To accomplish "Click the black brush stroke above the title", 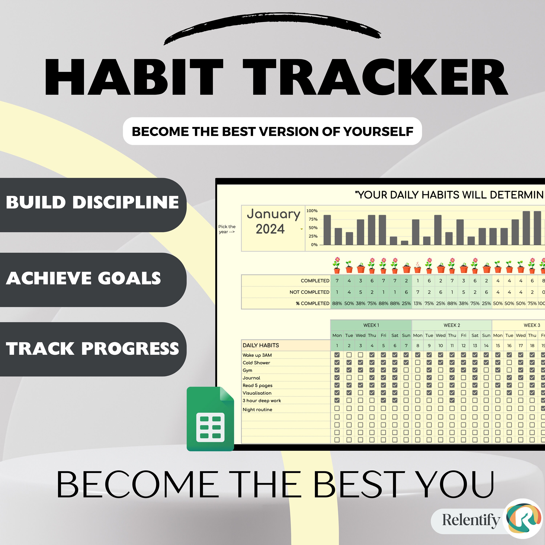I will [272, 27].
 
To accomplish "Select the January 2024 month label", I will [273, 221].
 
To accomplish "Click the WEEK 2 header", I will [452, 325].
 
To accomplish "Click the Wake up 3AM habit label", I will [257, 355].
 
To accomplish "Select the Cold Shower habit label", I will [256, 363].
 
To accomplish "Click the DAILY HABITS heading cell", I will [261, 345].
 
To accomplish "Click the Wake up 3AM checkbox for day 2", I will [349, 355].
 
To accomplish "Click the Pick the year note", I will [227, 229].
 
